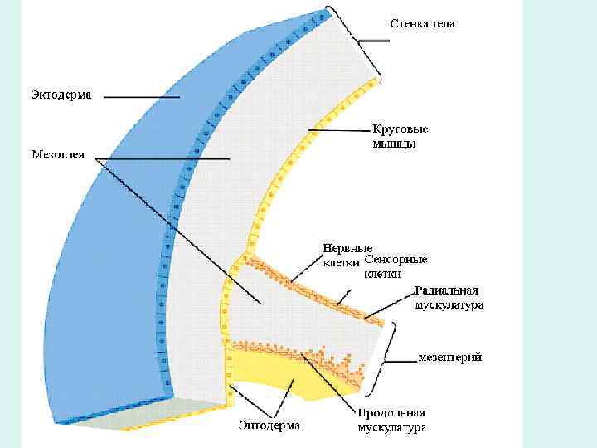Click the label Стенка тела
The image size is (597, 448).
[422, 24]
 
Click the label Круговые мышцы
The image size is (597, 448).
[400, 136]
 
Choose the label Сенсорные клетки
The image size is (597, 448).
[396, 265]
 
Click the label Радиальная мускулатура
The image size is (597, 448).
[449, 298]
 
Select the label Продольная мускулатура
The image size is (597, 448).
[391, 421]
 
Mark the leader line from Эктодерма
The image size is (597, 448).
[141, 96]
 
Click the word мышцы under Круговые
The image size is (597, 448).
[394, 144]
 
